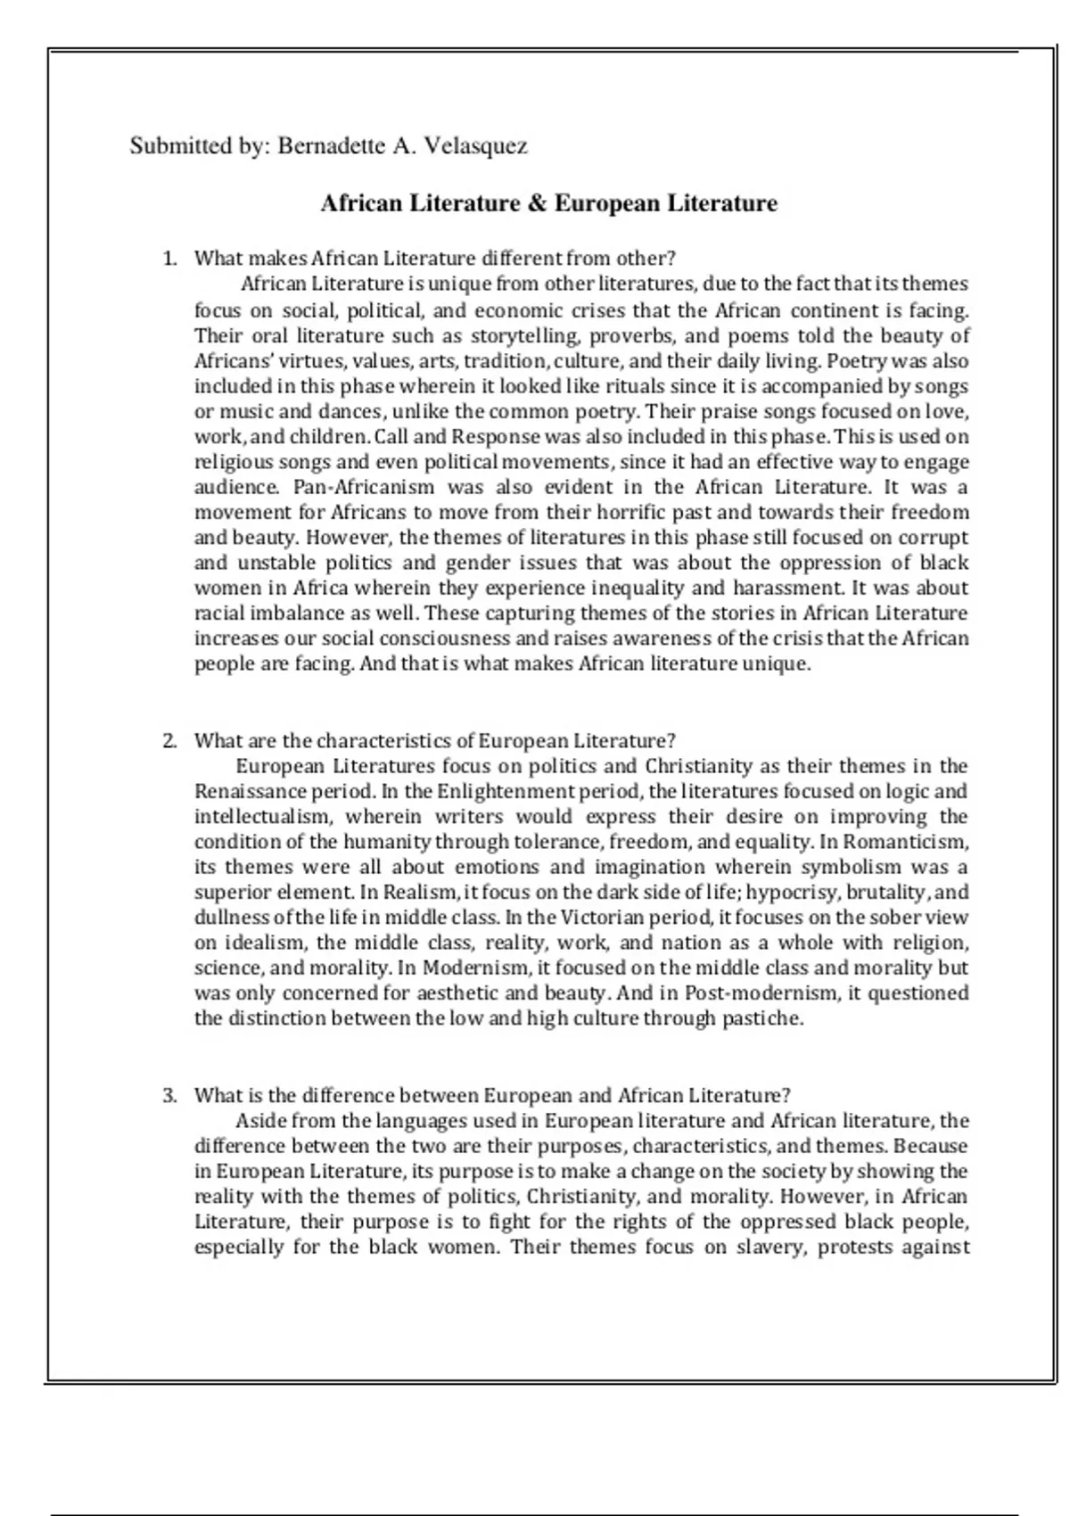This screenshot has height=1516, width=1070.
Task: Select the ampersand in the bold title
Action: (x=537, y=203)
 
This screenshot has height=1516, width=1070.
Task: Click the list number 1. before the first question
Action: (x=170, y=259)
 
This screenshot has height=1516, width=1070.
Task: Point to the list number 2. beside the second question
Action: (x=170, y=741)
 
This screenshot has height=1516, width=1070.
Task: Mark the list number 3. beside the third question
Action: (x=170, y=1095)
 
